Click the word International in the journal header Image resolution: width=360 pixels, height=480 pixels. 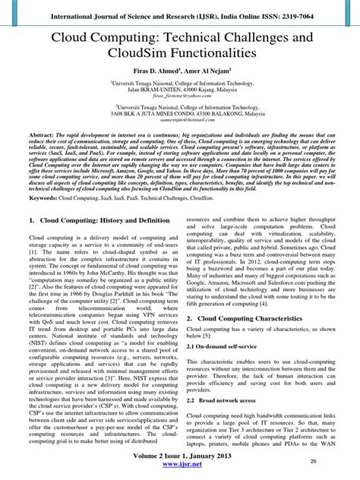77,15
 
